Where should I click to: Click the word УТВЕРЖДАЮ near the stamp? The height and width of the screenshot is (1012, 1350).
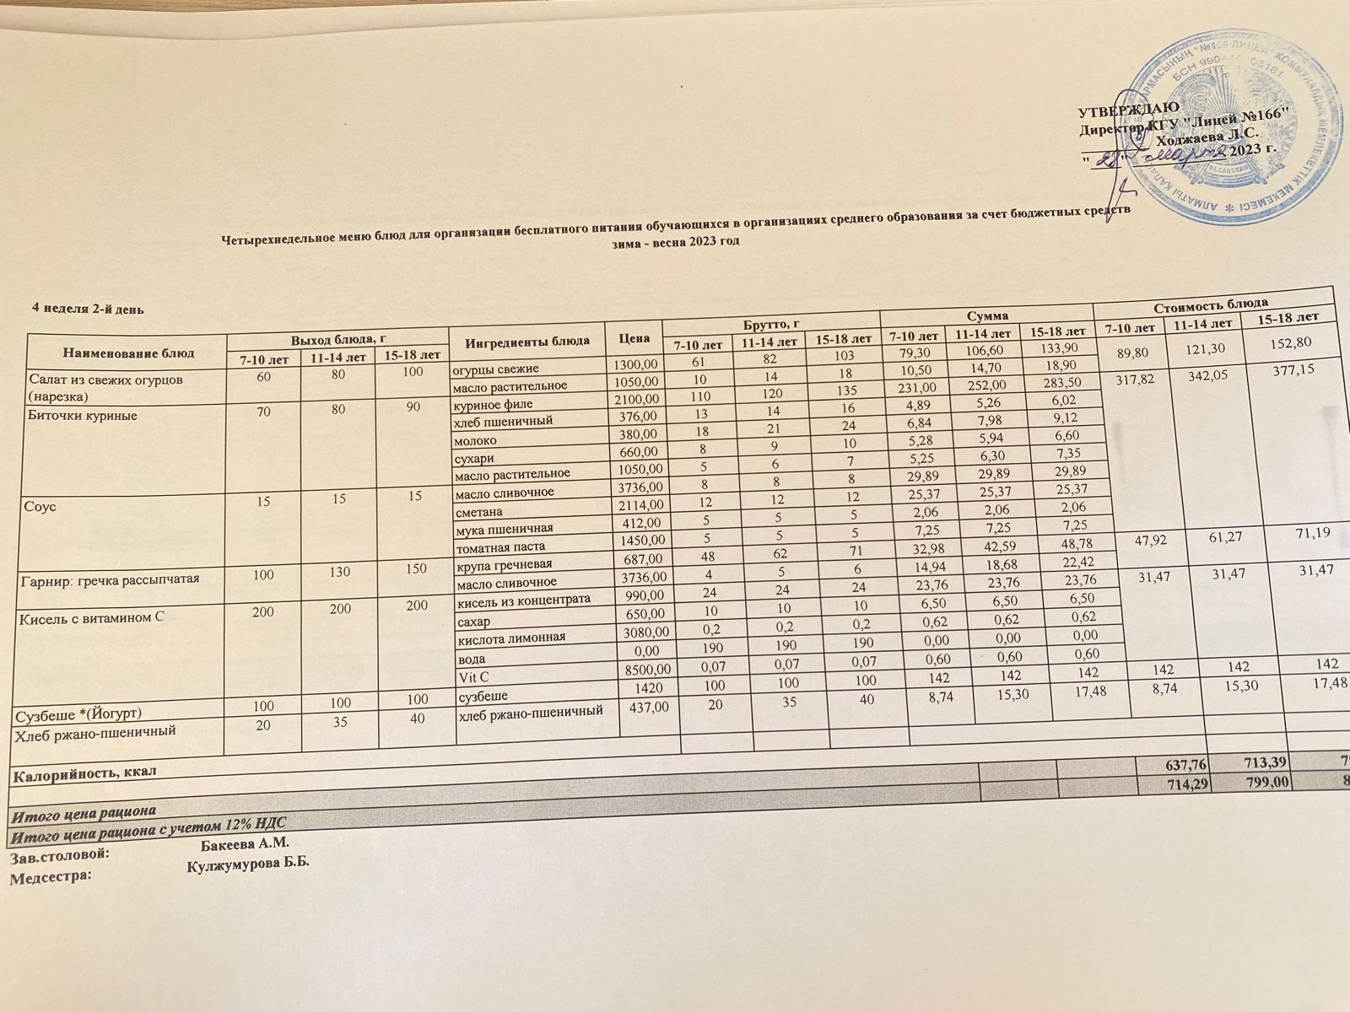pyautogui.click(x=1122, y=110)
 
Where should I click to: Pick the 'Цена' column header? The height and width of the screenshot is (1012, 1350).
pyautogui.click(x=634, y=339)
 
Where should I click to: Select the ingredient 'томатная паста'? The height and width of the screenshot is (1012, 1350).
pyautogui.click(x=499, y=544)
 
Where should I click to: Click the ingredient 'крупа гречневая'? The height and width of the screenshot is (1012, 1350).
pyautogui.click(x=504, y=563)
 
